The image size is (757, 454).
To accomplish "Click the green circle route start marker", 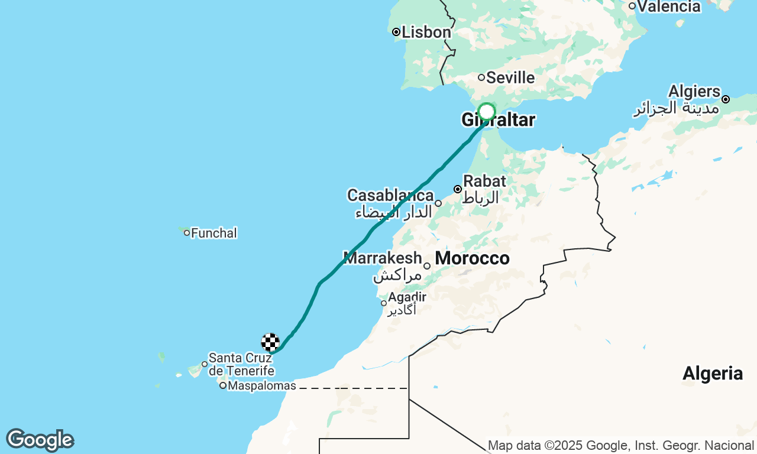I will [486, 112].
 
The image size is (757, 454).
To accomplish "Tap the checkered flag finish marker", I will [270, 342].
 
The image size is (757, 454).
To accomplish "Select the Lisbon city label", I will [426, 32].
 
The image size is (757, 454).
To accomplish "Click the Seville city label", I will [510, 78].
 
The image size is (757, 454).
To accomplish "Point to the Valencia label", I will [669, 7].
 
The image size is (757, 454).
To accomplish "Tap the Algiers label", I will [694, 92].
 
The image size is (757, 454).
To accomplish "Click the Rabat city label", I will [484, 181].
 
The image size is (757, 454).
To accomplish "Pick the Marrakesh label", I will [383, 258].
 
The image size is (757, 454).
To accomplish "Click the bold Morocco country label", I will [472, 258].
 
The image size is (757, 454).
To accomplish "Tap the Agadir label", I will [407, 297].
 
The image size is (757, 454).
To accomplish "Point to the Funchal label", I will [214, 233].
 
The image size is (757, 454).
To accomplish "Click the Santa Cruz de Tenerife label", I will [241, 364].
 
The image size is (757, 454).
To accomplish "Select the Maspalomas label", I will [262, 386].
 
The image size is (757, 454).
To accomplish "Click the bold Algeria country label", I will [713, 374].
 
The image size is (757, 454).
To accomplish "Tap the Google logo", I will [40, 440].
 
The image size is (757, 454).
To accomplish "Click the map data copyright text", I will [620, 445].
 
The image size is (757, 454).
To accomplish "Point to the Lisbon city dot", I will [396, 32].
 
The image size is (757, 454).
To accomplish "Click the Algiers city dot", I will [726, 99].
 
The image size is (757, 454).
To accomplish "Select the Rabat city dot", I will [458, 189].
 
